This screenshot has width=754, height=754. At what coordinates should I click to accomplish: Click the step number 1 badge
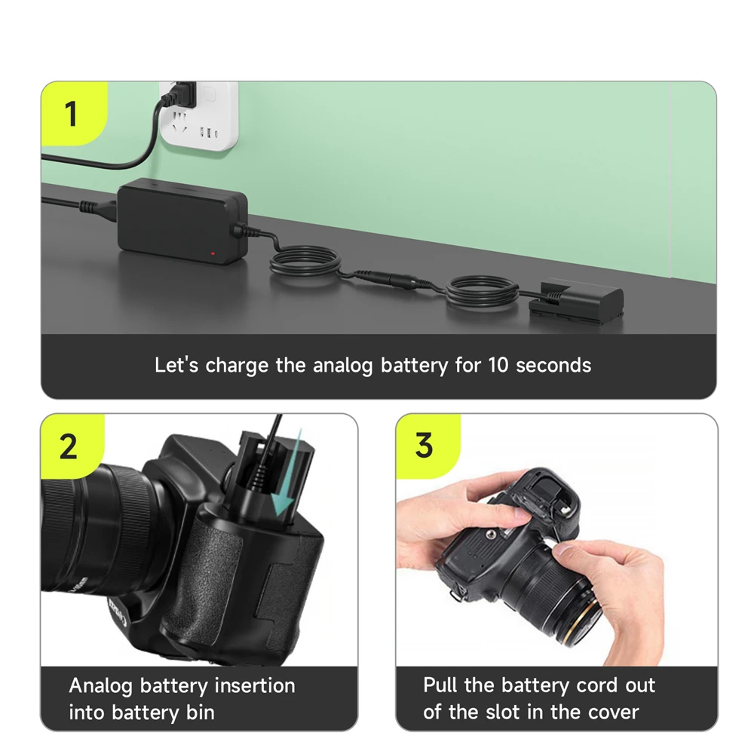(71, 115)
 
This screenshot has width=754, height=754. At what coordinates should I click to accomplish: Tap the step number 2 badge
(68, 446)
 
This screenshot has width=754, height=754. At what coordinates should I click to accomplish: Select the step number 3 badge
(424, 446)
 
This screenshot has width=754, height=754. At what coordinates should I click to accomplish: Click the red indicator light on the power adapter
(213, 253)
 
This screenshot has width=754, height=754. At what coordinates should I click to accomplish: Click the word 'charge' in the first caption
(238, 366)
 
